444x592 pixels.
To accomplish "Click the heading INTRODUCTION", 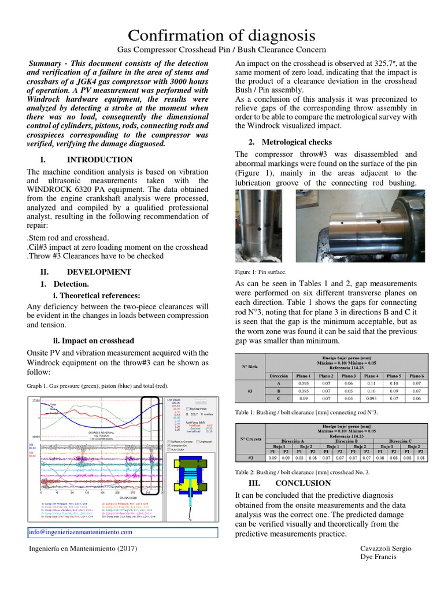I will tap(99, 160).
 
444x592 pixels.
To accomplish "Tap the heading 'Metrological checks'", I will tap(297, 142).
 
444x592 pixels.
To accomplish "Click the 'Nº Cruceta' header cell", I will tap(251, 445).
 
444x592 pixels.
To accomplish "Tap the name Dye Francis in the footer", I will tap(379, 557).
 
